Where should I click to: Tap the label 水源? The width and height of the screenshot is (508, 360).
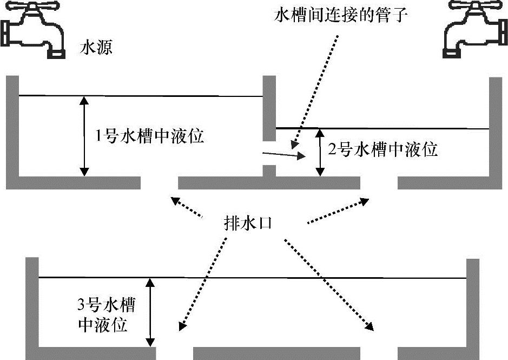coord(96,49)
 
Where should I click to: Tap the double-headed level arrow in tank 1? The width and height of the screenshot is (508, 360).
coord(84,136)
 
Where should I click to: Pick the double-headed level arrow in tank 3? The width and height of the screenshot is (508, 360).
coord(150,312)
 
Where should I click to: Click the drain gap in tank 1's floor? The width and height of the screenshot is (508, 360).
coord(160,183)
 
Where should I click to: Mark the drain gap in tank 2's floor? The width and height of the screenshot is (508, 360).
coord(379,183)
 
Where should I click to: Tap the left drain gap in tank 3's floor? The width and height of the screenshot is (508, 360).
coord(174,353)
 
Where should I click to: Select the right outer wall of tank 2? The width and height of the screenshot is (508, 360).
coord(496,130)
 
